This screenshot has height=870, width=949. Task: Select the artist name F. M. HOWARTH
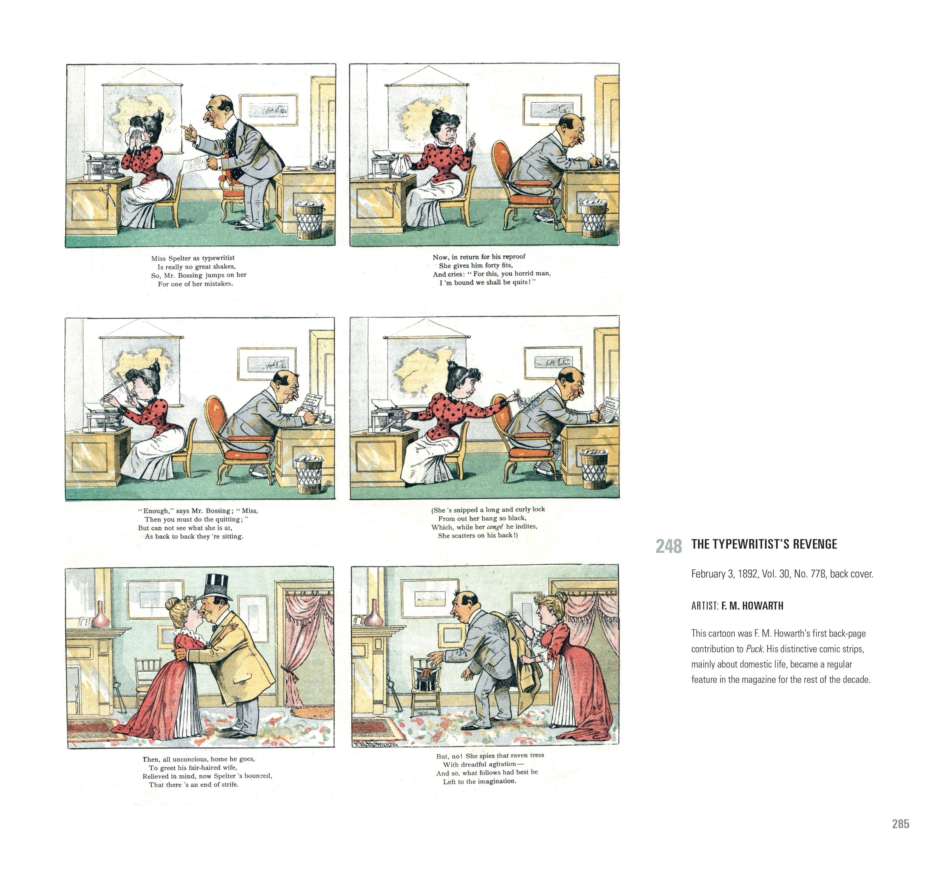pyautogui.click(x=752, y=606)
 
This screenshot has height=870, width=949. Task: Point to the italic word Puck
pyautogui.click(x=754, y=649)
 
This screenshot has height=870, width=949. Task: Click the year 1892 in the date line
pyautogui.click(x=747, y=574)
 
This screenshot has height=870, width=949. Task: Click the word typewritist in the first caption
pyautogui.click(x=218, y=258)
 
